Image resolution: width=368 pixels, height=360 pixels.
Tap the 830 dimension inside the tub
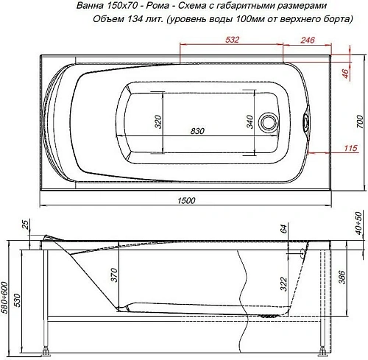(197, 131)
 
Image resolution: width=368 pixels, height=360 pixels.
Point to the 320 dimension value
(157, 121)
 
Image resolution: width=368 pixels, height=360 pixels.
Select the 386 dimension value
(341, 278)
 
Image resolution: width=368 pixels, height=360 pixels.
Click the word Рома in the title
(151, 6)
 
